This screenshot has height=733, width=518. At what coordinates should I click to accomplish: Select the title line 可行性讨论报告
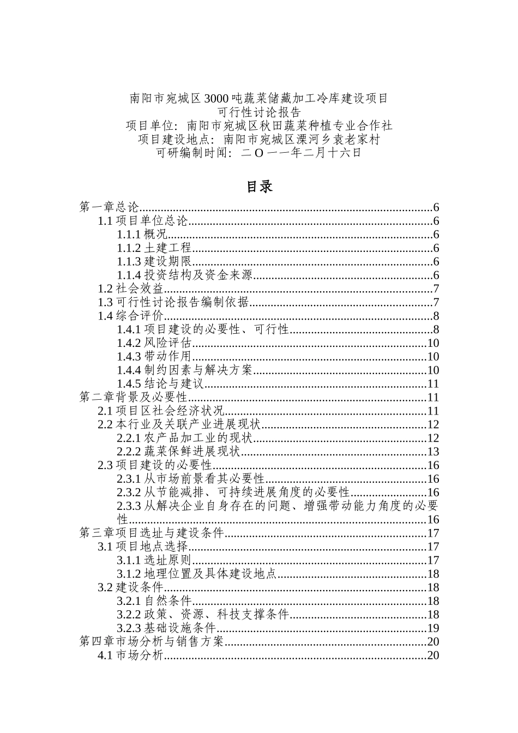pos(259,112)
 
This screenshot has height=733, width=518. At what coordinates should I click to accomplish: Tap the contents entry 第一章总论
pos(110,208)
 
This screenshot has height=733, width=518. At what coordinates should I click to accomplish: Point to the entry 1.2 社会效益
pos(130,289)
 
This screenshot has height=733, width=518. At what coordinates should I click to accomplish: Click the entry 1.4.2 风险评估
pos(154,343)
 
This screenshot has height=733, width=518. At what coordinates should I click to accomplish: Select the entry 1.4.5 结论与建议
pos(161,384)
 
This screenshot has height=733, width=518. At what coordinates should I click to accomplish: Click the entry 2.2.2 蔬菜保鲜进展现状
pos(179,452)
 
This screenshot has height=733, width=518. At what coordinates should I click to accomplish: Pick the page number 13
pos(433,452)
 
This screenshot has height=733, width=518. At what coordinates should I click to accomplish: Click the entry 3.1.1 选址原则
pos(154,560)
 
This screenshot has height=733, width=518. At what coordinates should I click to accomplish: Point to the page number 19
pos(433,628)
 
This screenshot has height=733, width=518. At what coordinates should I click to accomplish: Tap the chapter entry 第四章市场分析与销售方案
pos(152,642)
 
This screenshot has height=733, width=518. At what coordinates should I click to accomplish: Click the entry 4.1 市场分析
pos(130,656)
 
